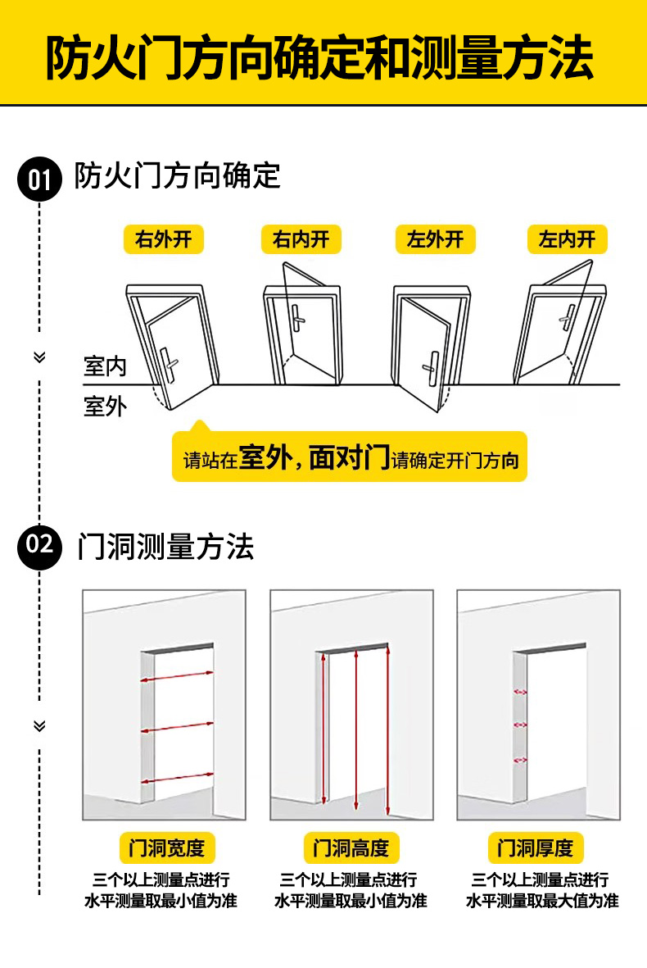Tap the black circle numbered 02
(x=39, y=545)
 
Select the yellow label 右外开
(x=163, y=239)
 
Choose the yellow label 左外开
(x=435, y=239)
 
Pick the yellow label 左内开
(x=567, y=239)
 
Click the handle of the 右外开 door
(x=170, y=363)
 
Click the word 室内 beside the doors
(x=106, y=366)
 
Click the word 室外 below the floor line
(x=106, y=406)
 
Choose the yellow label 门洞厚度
(x=541, y=848)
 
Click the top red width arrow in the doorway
(x=177, y=676)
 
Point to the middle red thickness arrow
(x=520, y=725)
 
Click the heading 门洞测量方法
(x=165, y=547)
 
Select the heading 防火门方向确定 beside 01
(x=177, y=176)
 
